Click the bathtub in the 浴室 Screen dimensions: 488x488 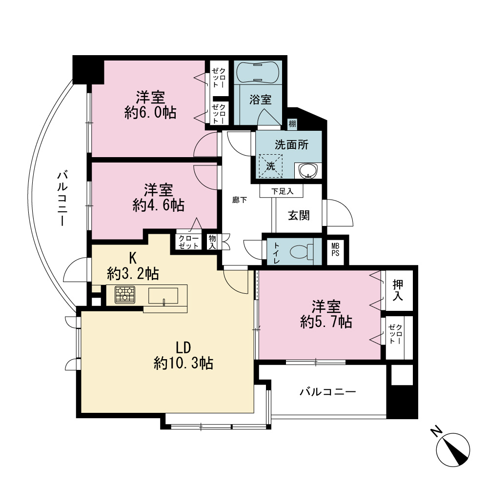(258, 72)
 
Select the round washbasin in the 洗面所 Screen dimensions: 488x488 (308, 171)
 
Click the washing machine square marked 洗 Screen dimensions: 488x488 (271, 166)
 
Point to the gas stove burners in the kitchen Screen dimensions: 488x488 (125, 294)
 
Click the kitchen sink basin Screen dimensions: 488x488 (163, 296)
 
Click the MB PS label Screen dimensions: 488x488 (335, 250)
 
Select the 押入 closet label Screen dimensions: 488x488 (398, 290)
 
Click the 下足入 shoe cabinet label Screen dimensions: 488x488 (282, 191)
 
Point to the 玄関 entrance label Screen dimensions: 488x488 (299, 215)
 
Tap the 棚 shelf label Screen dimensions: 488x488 (292, 124)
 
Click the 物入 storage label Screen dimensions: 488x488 (212, 242)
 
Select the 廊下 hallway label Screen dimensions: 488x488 (240, 200)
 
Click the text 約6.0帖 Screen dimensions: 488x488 (150, 112)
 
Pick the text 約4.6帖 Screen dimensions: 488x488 (159, 205)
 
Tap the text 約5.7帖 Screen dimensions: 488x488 (326, 322)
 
